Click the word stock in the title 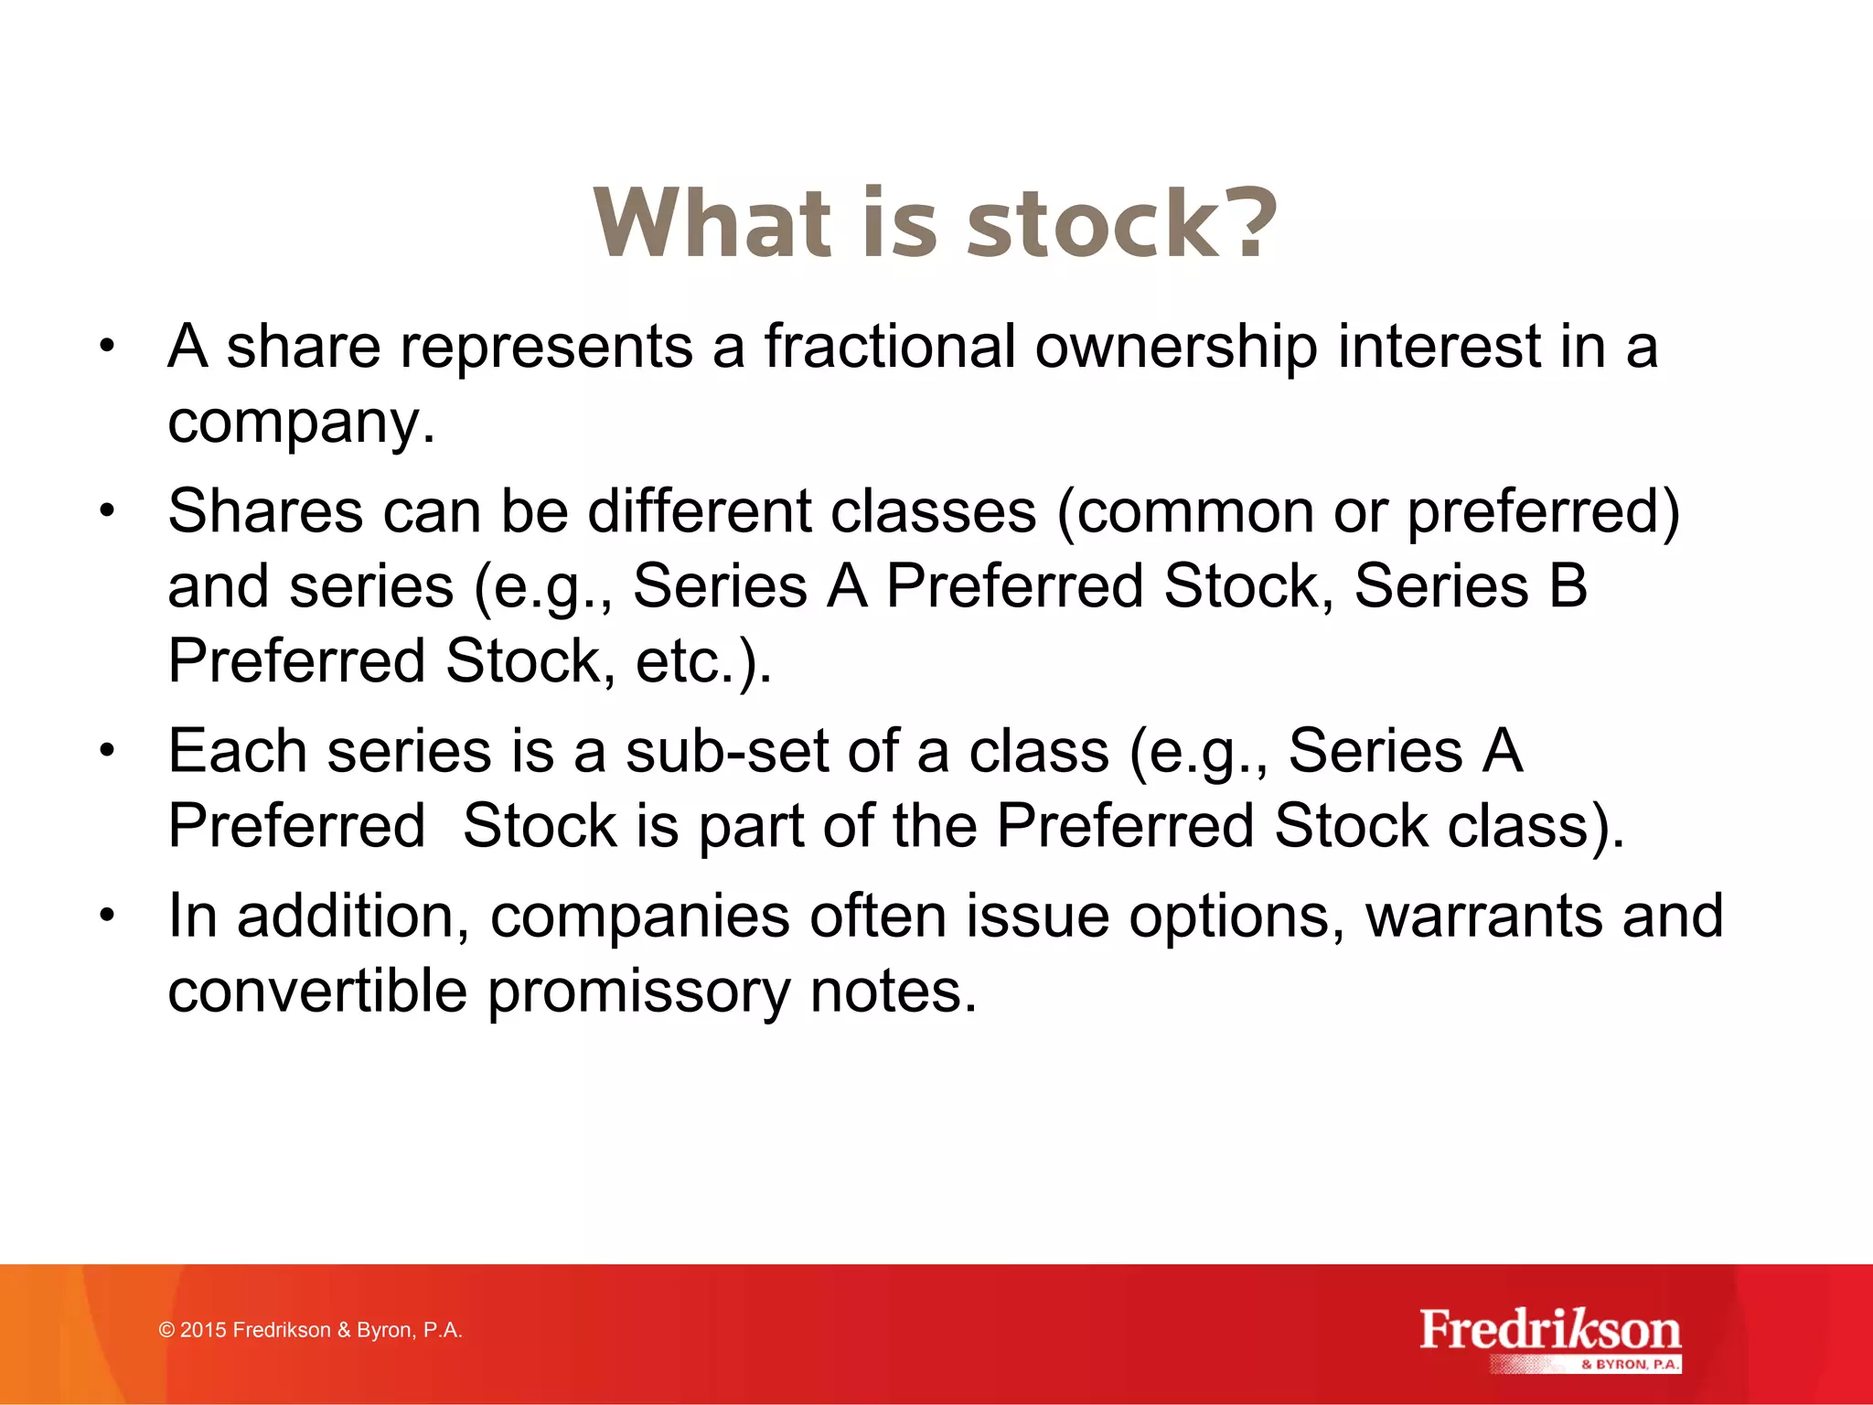[1091, 223]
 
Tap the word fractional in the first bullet [889, 348]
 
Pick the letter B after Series [1568, 585]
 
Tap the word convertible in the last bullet [317, 992]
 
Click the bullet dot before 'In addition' [108, 915]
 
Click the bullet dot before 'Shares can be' [108, 510]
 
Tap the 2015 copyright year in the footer [203, 1330]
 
